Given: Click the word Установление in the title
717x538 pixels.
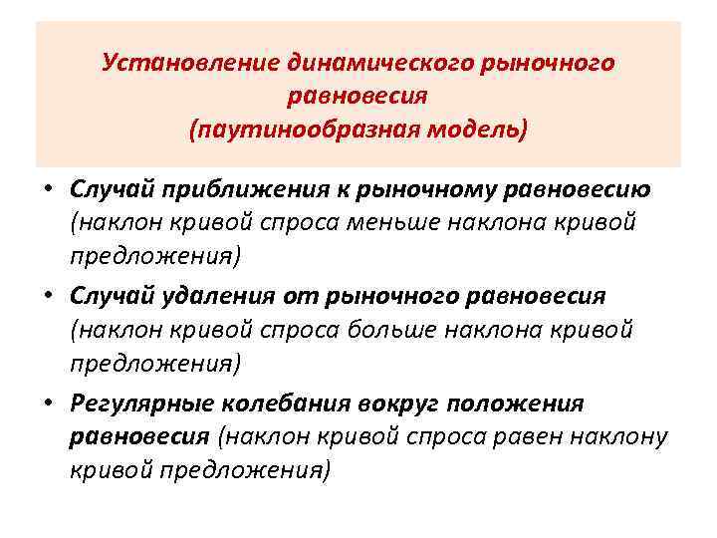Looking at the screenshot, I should pyautogui.click(x=169, y=65).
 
